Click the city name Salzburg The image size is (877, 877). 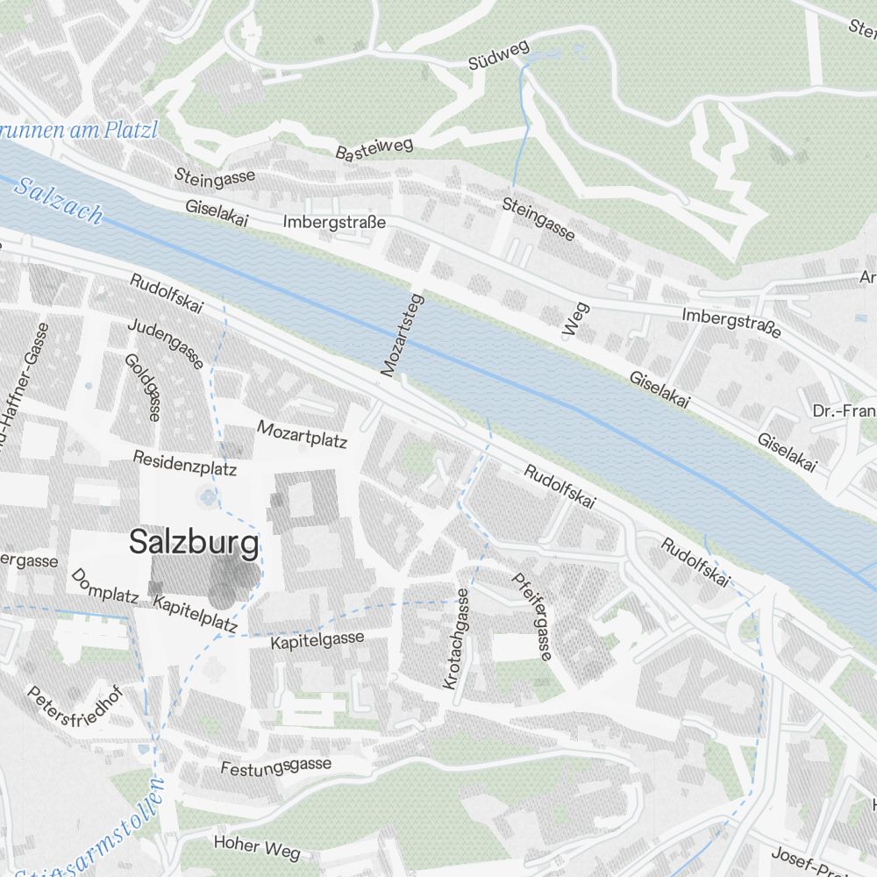coord(194,543)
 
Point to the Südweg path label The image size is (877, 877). coord(498,55)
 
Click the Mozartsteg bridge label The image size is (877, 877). coord(403,336)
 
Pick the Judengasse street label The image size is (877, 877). coord(166,343)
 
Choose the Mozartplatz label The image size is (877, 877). coord(303,433)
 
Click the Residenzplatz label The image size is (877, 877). coord(185,462)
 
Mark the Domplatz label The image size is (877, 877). coord(104,587)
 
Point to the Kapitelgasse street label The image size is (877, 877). coord(317,640)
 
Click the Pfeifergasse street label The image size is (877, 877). coord(531,616)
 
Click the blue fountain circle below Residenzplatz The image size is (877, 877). coord(208,498)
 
